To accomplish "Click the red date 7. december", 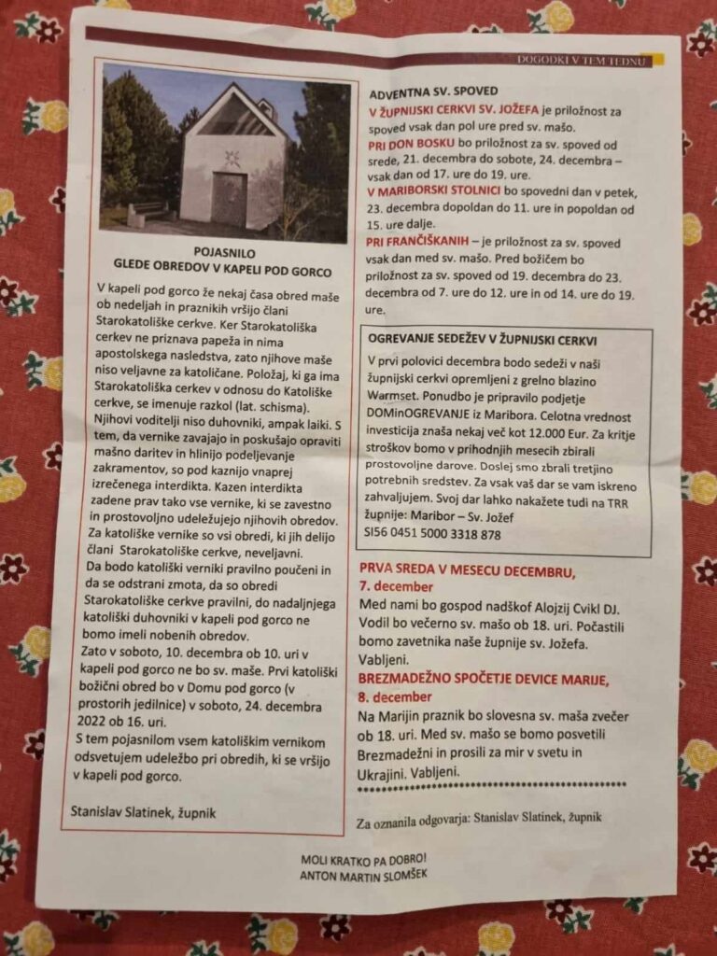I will [x=396, y=587].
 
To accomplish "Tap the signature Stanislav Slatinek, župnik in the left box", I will [x=143, y=812].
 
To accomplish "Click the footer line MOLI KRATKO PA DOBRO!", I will [x=363, y=859].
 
